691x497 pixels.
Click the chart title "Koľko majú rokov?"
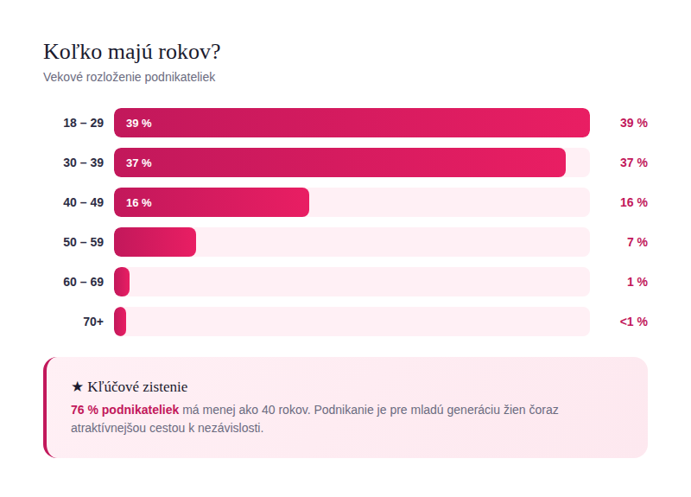click(138, 51)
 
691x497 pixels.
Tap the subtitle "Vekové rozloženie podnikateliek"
click(129, 77)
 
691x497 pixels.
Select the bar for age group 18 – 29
click(352, 123)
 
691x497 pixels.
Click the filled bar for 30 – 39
click(339, 162)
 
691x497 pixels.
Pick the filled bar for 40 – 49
click(212, 202)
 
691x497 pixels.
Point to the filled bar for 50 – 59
click(155, 242)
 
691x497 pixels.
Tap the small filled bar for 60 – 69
click(122, 282)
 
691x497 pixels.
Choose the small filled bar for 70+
click(120, 322)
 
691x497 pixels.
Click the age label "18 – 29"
click(83, 123)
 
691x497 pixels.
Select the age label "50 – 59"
click(83, 242)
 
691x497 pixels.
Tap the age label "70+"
click(93, 322)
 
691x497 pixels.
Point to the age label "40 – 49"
click(83, 202)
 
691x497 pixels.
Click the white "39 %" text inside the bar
click(138, 123)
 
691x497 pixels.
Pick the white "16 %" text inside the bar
click(138, 202)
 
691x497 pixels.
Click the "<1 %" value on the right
click(633, 322)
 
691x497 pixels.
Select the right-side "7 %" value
click(637, 242)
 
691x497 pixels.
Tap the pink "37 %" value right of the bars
click(633, 162)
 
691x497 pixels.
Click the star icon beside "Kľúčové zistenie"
click(77, 387)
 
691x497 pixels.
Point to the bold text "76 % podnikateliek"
click(124, 410)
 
